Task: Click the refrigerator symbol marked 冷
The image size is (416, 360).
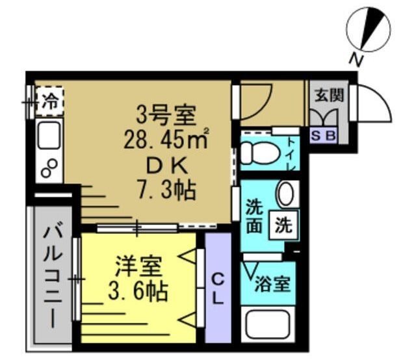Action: coord(49,101)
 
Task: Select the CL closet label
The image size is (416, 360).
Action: coord(218,289)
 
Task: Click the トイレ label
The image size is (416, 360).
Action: coord(290,155)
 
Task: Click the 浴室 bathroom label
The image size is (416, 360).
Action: coord(271,283)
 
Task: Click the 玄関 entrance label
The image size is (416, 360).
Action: coord(329,95)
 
